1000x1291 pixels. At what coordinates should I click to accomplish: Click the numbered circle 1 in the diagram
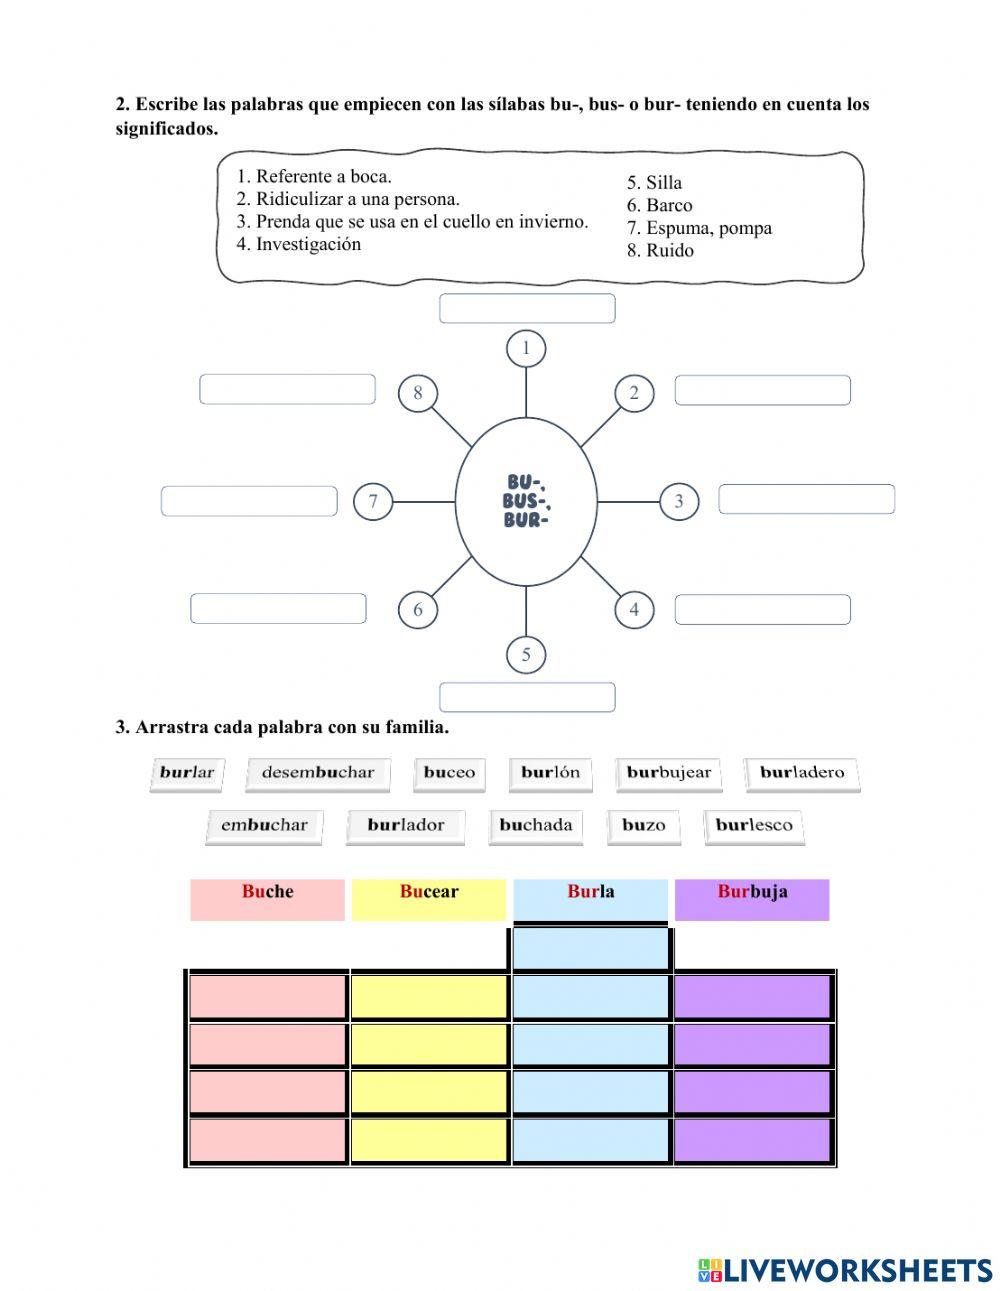click(x=526, y=349)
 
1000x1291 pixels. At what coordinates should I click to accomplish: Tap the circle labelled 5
click(x=526, y=655)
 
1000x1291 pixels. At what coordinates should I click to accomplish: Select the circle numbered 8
click(x=418, y=393)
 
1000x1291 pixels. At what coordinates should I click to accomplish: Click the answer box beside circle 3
click(x=806, y=499)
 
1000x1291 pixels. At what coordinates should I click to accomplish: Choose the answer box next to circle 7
click(x=249, y=501)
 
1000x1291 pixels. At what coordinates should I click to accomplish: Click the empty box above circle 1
click(x=527, y=308)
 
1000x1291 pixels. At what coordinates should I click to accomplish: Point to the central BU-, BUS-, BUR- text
click(x=527, y=501)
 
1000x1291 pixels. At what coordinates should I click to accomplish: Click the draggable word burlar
click(x=187, y=773)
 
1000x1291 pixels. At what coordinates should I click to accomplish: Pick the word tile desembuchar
click(x=317, y=773)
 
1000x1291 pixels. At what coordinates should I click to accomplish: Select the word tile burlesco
click(x=754, y=826)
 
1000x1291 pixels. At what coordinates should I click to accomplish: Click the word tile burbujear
click(x=668, y=773)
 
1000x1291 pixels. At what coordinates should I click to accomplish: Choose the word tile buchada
click(x=535, y=826)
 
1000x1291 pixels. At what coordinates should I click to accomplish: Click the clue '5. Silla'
click(x=654, y=182)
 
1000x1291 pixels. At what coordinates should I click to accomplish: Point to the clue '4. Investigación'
click(x=299, y=244)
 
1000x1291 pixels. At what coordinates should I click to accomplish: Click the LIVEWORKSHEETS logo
click(x=844, y=1270)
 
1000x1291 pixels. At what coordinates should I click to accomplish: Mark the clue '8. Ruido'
click(x=660, y=250)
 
